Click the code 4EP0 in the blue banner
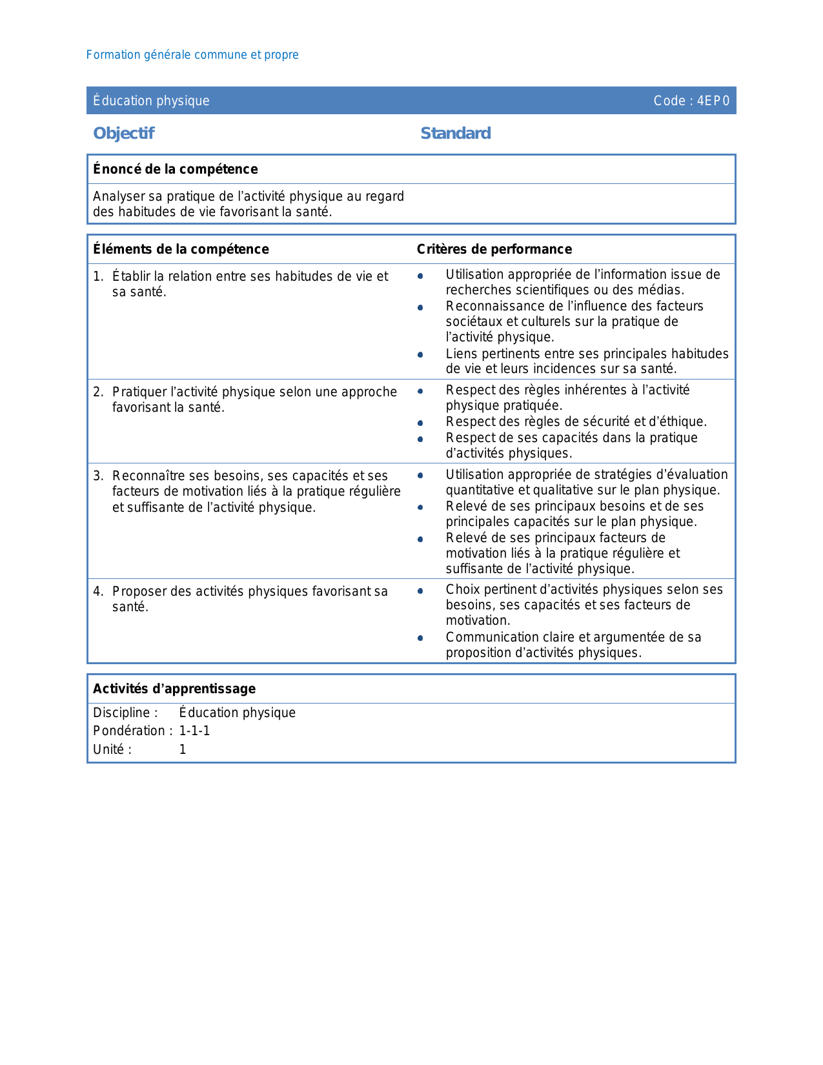pos(713,101)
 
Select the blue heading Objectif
pos(124,133)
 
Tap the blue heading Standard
pos(456,133)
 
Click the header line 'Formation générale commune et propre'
pos(192,55)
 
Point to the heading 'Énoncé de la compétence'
pos(176,169)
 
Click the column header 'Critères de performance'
pos(494,249)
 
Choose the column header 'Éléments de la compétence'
pos(181,249)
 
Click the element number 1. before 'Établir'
pos(98,276)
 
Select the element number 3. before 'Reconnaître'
pos(98,476)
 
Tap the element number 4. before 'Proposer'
pos(98,591)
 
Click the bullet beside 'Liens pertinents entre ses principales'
pos(420,354)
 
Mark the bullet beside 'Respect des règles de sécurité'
pos(420,423)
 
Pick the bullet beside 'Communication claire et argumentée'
pos(420,638)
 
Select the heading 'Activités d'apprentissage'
pos(174,689)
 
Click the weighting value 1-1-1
pos(194,731)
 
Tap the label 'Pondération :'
pos(132,731)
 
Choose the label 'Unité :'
pos(112,749)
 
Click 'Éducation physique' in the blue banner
pos(151,101)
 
